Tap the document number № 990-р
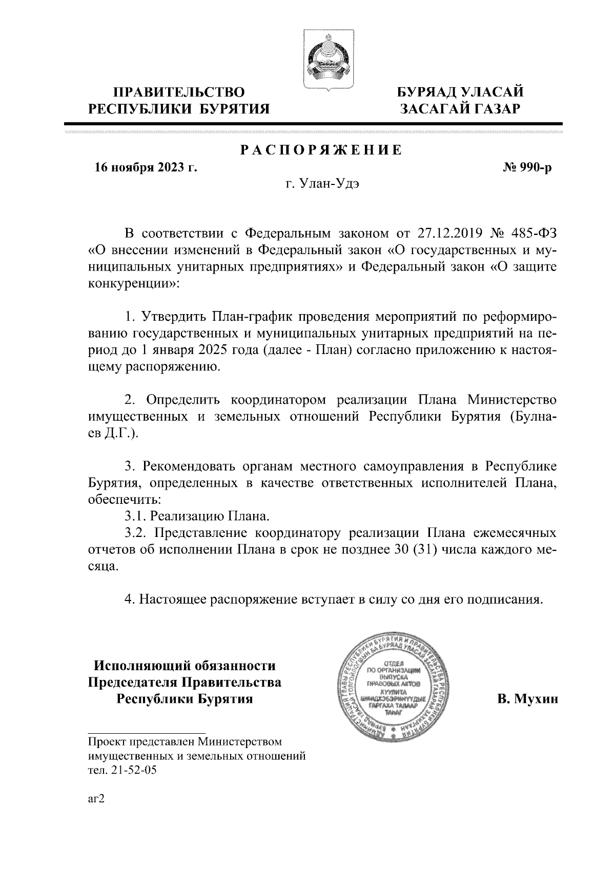point(528,168)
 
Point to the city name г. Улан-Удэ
point(321,185)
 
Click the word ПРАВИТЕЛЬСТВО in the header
point(179,93)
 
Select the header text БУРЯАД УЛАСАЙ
point(461,93)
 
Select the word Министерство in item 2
point(512,399)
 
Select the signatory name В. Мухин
point(527,699)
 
